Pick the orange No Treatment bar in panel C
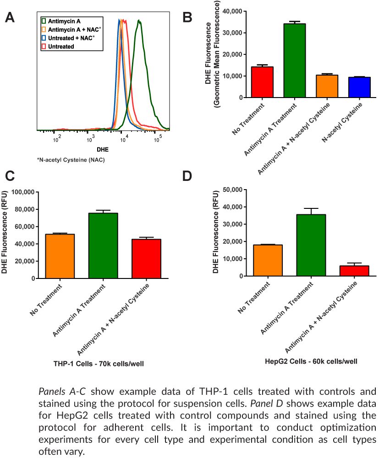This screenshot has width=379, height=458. click(x=60, y=256)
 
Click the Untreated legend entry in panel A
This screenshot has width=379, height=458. click(x=61, y=46)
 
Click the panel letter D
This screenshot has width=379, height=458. click(x=187, y=176)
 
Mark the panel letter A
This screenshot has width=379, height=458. click(x=10, y=18)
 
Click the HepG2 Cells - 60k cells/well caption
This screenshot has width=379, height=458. click(x=311, y=361)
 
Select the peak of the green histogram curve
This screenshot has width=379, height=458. click(x=139, y=21)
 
